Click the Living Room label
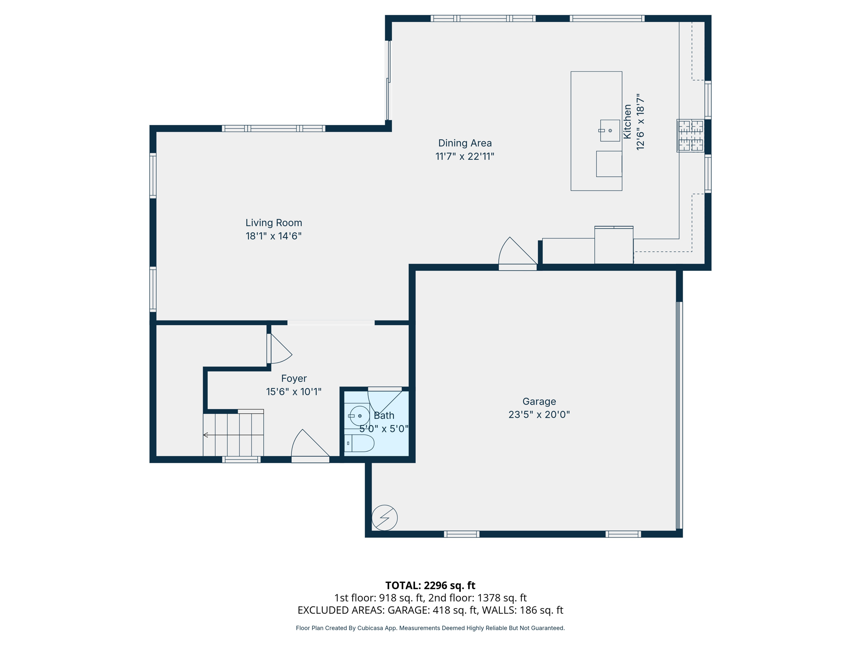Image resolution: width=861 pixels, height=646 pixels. click(274, 223)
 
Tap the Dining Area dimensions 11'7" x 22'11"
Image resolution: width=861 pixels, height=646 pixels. click(465, 156)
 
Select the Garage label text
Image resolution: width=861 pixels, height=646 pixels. click(539, 401)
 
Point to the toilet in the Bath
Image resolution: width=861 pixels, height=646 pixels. click(360, 443)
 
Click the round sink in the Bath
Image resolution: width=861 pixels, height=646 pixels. click(359, 416)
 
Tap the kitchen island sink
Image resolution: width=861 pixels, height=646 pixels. click(610, 130)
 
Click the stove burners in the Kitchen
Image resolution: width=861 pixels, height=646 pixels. click(690, 135)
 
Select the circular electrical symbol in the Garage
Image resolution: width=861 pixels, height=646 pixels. click(384, 518)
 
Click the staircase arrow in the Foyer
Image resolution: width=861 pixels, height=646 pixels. click(206, 435)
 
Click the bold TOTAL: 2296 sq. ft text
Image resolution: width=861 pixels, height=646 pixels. click(430, 585)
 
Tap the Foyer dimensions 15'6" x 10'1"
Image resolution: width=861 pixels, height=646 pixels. click(293, 392)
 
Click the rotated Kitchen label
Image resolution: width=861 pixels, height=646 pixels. click(627, 122)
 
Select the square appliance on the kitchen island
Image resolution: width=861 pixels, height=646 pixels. click(609, 164)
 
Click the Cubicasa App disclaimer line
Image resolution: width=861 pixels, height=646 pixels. click(430, 628)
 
